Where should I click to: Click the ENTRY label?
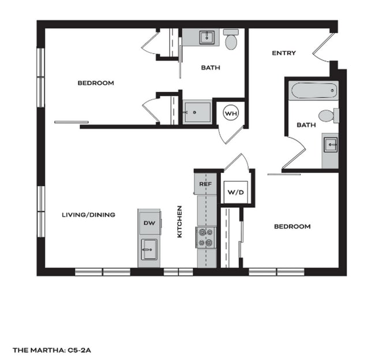[284, 53]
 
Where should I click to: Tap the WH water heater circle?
[231, 114]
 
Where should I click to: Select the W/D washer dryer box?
[235, 192]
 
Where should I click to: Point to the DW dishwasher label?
[149, 222]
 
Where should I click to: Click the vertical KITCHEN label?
[180, 222]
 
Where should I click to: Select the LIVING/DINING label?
[88, 215]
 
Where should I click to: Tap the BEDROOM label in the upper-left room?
[96, 83]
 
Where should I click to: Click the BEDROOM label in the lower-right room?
[292, 227]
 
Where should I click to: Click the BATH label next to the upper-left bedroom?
[211, 68]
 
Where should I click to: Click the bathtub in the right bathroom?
[313, 91]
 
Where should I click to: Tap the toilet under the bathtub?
[328, 115]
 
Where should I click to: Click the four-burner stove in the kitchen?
[206, 237]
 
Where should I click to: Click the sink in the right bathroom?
[330, 145]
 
